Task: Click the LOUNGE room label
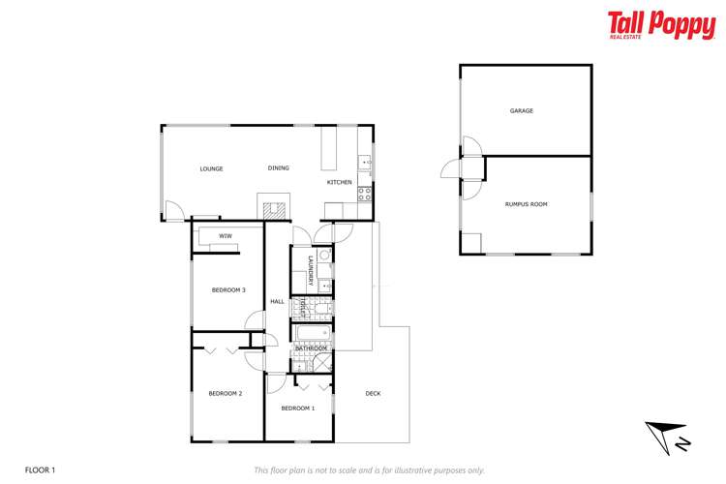(211, 169)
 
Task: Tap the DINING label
(278, 168)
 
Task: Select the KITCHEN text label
(339, 182)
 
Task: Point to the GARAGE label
(522, 111)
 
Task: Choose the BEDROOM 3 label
(229, 290)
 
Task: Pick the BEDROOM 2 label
(225, 393)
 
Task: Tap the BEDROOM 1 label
(298, 408)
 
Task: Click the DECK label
(373, 393)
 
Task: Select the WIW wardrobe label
(225, 236)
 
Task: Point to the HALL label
(277, 302)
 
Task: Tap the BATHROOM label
(311, 348)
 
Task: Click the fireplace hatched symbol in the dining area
(272, 206)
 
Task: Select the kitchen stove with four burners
(365, 193)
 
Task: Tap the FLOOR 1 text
(40, 469)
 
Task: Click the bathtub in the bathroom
(313, 335)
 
